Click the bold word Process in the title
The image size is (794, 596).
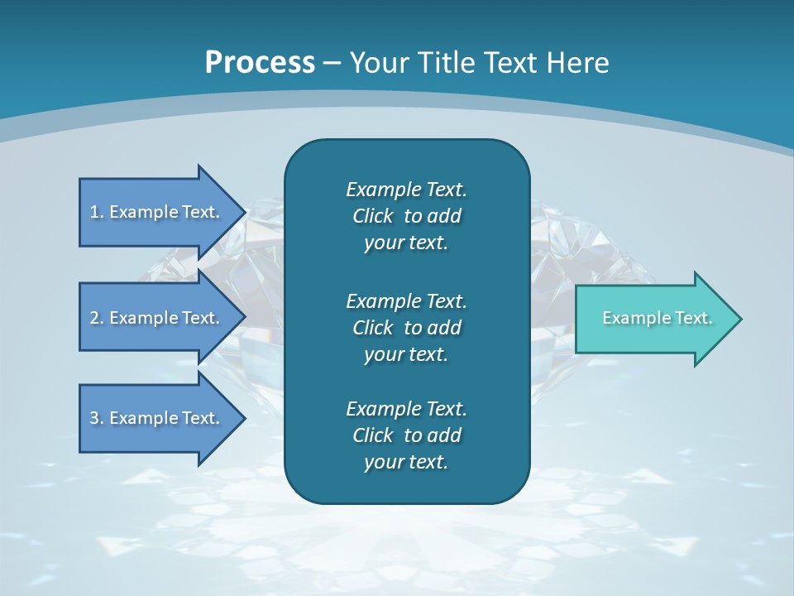(x=260, y=63)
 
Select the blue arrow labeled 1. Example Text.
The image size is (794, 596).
(x=157, y=212)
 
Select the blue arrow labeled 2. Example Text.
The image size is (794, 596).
(x=157, y=318)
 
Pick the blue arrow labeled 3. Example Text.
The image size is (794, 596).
(x=157, y=418)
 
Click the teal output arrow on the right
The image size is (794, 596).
(x=653, y=319)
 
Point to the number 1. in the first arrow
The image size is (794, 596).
(x=97, y=212)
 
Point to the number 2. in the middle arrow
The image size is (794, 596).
(x=97, y=318)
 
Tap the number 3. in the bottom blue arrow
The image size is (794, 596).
(x=97, y=418)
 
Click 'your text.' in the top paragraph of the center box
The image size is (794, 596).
(x=406, y=243)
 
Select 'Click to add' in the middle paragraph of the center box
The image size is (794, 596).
(x=406, y=328)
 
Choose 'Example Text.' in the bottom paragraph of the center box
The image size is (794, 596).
(x=406, y=409)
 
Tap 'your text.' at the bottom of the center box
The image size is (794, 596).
(x=406, y=463)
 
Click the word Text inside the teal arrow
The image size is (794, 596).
(x=693, y=318)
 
